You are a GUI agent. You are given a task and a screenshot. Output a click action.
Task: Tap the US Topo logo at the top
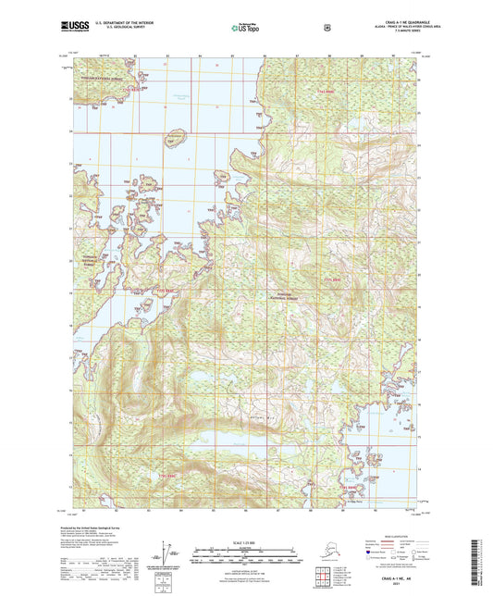pyautogui.click(x=245, y=29)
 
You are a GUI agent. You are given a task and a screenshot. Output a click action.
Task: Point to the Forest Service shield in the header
pyautogui.click(x=327, y=28)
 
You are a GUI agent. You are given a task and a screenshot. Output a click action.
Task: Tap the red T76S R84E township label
pyautogui.click(x=349, y=483)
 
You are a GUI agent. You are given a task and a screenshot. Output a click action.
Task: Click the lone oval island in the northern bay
pyautogui.click(x=176, y=137)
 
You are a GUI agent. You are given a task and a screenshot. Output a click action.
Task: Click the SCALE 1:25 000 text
pyautogui.click(x=246, y=540)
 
